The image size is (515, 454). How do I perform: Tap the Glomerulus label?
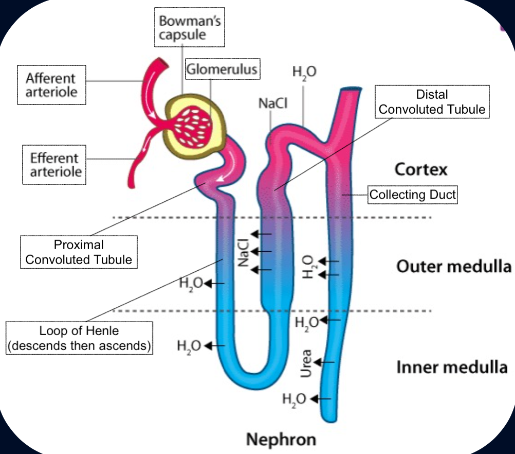222,69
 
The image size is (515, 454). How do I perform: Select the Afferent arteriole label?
50,85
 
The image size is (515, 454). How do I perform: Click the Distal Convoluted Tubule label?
432,101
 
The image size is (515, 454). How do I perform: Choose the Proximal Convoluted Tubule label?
79,252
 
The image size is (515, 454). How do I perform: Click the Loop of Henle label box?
79,338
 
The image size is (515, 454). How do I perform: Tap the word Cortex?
421,169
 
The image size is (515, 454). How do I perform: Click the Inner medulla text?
452,368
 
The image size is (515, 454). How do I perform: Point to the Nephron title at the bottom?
281,440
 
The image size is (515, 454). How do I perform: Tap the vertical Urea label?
306,363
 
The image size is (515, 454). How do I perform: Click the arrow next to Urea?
324,362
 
